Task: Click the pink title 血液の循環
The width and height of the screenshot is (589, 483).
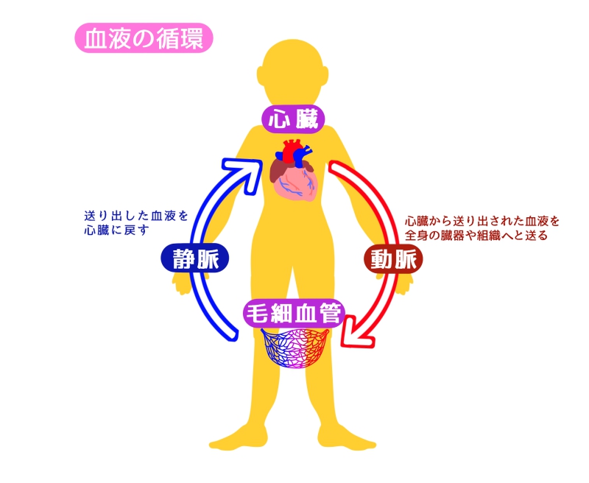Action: pos(144,38)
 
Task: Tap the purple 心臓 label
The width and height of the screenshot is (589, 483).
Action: pos(294,118)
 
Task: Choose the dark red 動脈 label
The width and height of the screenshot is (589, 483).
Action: pos(395,258)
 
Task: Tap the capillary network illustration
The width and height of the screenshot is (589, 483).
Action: pos(294,352)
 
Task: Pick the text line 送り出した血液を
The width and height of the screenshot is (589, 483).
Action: pos(136,216)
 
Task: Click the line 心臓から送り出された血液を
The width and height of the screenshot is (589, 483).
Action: pos(482,221)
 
